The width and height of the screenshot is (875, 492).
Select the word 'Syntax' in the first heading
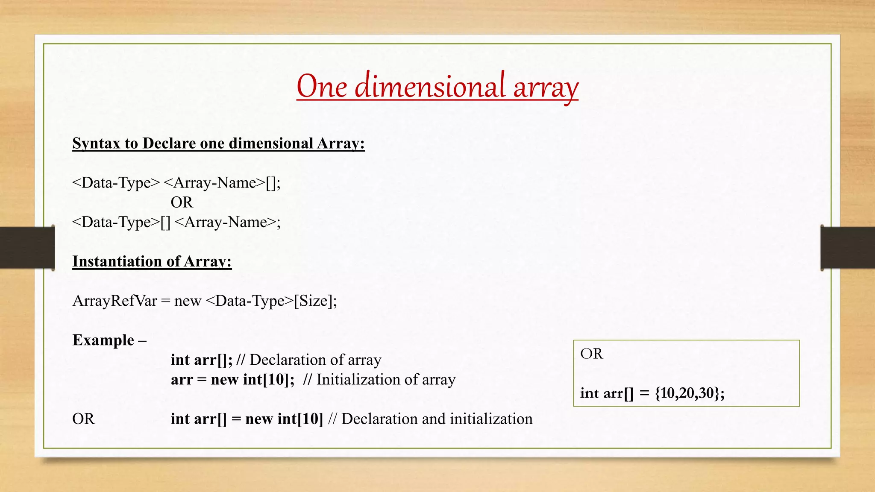click(x=96, y=143)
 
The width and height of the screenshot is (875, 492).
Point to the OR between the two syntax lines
click(x=182, y=202)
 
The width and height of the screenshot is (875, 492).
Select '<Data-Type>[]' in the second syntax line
click(x=121, y=222)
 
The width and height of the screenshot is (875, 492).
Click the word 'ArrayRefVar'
click(x=115, y=301)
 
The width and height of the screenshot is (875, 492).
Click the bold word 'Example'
click(x=103, y=340)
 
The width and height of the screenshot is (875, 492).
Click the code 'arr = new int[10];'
click(x=232, y=380)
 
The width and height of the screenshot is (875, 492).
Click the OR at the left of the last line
click(x=83, y=419)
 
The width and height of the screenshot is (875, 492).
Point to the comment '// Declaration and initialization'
click(x=430, y=419)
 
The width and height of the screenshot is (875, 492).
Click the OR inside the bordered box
click(x=591, y=354)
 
